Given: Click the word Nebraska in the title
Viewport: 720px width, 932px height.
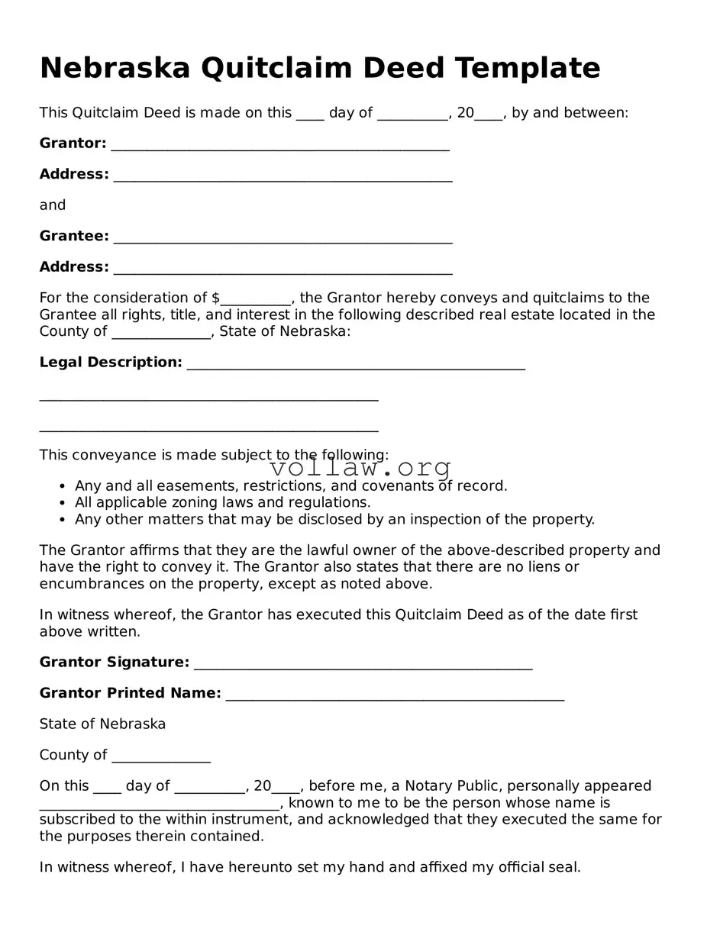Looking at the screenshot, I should [x=115, y=68].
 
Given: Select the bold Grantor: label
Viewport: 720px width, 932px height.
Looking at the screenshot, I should [x=73, y=144].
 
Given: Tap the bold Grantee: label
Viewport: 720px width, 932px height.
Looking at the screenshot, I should [x=74, y=237].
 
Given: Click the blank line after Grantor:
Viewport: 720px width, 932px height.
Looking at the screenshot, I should [x=279, y=146].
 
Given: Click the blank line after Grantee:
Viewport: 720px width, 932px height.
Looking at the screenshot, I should [x=283, y=239].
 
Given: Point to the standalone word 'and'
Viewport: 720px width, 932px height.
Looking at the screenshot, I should [x=53, y=205].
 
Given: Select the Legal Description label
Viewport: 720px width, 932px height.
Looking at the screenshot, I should [x=111, y=363].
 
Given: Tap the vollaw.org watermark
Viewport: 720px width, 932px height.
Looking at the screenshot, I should [x=360, y=467].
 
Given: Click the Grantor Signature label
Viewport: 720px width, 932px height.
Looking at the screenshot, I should [x=114, y=663].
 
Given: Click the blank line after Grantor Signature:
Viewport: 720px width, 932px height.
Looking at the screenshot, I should [x=363, y=665].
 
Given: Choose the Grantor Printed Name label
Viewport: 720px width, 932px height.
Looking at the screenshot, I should [x=130, y=693].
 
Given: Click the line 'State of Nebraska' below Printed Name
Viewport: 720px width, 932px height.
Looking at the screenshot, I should [x=102, y=724].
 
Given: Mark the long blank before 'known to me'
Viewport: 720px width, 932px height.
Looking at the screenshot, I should [x=160, y=805].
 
